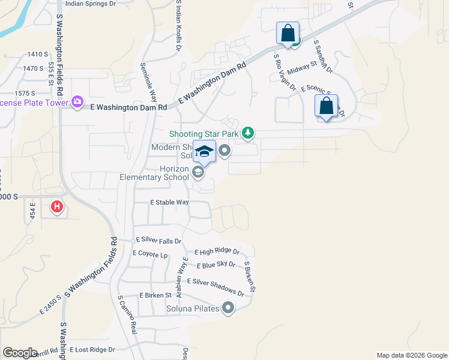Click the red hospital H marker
click(x=56, y=207)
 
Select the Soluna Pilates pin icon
click(x=228, y=309)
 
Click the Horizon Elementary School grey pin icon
click(x=199, y=173)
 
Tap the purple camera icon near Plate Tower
click(x=77, y=102)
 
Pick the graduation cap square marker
click(x=204, y=152)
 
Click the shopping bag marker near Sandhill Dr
click(x=288, y=32)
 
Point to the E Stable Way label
click(x=169, y=203)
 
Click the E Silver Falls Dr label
click(x=158, y=241)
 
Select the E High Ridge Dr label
click(x=217, y=252)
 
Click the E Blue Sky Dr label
click(x=215, y=265)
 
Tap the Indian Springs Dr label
click(x=90, y=4)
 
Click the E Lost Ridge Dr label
click(x=92, y=349)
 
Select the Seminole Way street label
click(x=149, y=83)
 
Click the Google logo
click(x=20, y=353)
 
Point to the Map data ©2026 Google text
click(x=412, y=355)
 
